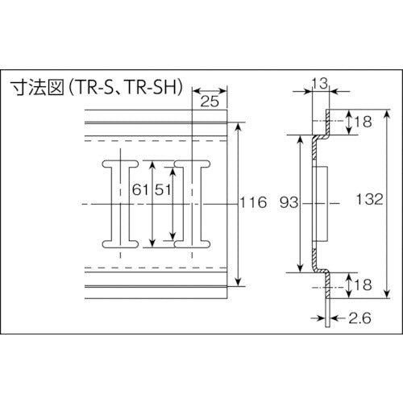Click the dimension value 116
(x=253, y=203)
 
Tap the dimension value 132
(x=368, y=200)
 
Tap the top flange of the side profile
(x=328, y=122)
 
